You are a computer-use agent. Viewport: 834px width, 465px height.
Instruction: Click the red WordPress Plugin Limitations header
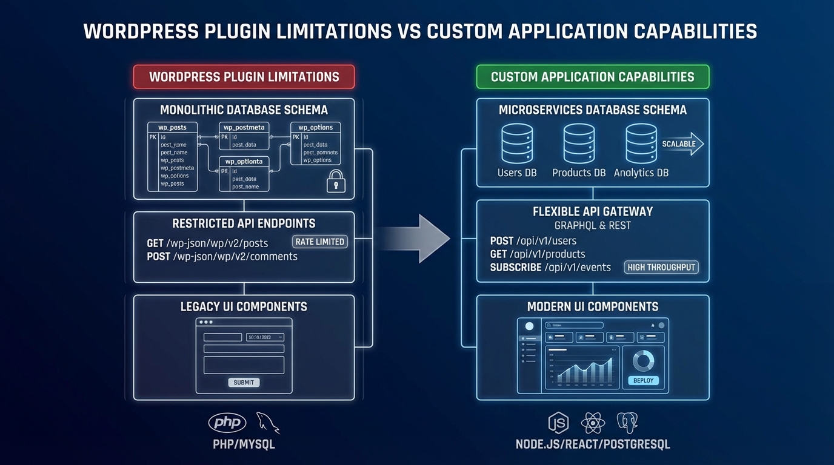click(244, 77)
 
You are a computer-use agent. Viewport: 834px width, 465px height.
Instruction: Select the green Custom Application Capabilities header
click(592, 77)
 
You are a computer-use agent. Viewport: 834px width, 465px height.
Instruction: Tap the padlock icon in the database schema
click(335, 181)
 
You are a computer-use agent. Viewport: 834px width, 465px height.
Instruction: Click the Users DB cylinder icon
click(517, 143)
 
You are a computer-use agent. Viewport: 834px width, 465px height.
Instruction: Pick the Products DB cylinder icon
click(579, 143)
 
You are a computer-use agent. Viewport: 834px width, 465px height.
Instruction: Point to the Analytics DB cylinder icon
click(641, 143)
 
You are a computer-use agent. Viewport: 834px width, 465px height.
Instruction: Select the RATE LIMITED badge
click(319, 242)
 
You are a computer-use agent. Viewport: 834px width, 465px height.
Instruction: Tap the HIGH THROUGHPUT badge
click(661, 267)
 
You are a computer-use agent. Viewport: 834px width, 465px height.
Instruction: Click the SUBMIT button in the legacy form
click(244, 382)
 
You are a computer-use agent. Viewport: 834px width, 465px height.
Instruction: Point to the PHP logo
click(227, 423)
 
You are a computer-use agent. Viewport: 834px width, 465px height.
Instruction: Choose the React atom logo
click(592, 423)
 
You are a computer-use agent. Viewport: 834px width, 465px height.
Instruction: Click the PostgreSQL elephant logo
click(627, 423)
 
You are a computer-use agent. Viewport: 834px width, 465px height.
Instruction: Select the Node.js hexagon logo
click(558, 423)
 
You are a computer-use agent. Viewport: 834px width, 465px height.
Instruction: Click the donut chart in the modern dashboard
click(643, 361)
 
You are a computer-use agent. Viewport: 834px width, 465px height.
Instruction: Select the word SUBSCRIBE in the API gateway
click(515, 267)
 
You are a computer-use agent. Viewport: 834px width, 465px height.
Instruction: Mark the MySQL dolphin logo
click(267, 423)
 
